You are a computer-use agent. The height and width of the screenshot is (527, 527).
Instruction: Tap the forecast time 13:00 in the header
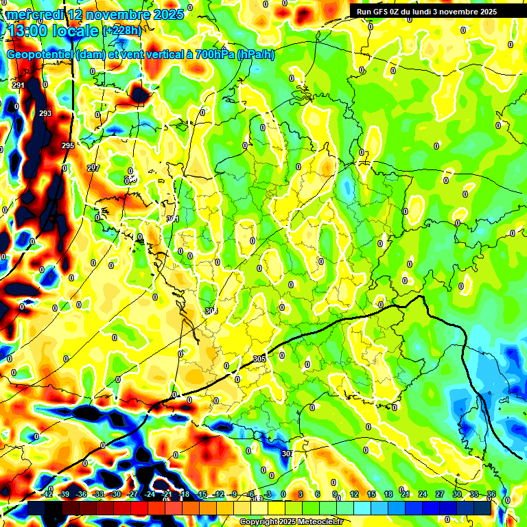(30, 31)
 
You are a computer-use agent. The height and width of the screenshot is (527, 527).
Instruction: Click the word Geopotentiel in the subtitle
(40, 55)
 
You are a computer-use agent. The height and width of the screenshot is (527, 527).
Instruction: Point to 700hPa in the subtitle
(213, 55)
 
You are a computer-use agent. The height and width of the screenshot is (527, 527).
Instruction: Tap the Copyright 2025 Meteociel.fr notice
(292, 522)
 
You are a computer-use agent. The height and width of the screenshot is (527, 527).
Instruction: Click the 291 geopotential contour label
(19, 85)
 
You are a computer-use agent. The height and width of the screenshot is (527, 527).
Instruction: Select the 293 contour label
(45, 114)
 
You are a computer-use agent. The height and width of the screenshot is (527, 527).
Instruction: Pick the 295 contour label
(67, 146)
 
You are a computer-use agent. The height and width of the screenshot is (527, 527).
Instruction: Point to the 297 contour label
(93, 168)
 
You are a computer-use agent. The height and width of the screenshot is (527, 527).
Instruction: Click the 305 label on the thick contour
(259, 359)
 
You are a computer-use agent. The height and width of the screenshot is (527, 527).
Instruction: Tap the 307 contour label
(288, 454)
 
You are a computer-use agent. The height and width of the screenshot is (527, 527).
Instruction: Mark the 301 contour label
(173, 220)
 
